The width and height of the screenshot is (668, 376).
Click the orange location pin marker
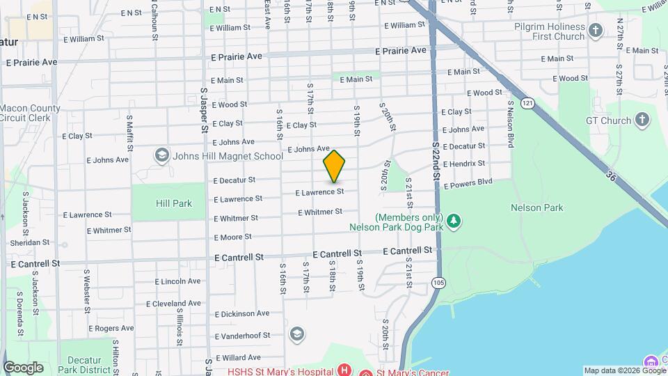pyautogui.click(x=334, y=166)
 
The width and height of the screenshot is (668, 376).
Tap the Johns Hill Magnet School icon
pyautogui.click(x=162, y=155)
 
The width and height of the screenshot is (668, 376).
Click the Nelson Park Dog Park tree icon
pyautogui.click(x=454, y=221)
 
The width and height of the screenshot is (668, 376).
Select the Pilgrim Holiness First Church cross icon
pyautogui.click(x=595, y=30)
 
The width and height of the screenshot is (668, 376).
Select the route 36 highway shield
pyautogui.click(x=610, y=177)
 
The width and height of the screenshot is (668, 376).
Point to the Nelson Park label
pyautogui.click(x=536, y=207)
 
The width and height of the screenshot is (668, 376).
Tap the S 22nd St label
pyautogui.click(x=436, y=161)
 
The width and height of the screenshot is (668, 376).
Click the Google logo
pyautogui.click(x=23, y=368)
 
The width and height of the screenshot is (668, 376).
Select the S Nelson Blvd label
pyautogui.click(x=510, y=123)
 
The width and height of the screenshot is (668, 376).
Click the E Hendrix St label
pyautogui.click(x=464, y=164)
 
